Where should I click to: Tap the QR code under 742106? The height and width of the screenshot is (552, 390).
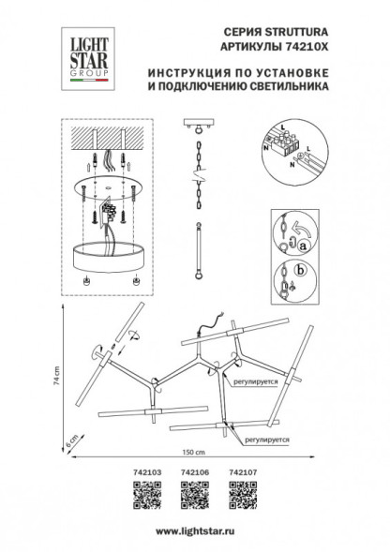(193, 493)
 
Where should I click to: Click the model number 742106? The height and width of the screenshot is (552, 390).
(193, 475)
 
